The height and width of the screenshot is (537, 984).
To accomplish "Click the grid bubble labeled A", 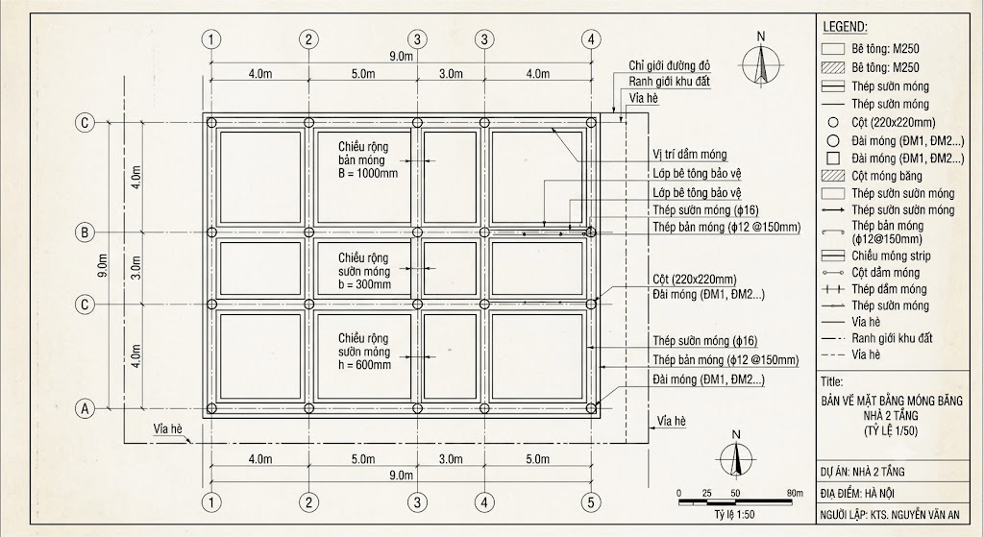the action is pos(85,409).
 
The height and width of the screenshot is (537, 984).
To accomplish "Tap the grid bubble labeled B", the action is pos(85,232).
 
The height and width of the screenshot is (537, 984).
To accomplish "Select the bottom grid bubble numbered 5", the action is pos(591,501).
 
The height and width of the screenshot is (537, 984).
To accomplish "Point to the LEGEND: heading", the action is pos(845,27).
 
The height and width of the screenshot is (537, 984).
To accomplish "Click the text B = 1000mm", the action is pos(368,173).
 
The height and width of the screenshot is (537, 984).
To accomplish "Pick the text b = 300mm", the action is pos(364,284).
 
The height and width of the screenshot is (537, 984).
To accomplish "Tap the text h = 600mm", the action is pos(364,365).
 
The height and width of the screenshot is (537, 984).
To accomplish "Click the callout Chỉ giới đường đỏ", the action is pos(670,66).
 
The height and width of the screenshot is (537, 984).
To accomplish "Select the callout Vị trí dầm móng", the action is pos(690,155).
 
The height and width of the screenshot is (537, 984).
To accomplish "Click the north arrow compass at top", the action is pos(761,61).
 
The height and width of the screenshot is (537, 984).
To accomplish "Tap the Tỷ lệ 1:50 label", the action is pos(733,515).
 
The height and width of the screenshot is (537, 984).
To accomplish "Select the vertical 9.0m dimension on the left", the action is pos(104,265).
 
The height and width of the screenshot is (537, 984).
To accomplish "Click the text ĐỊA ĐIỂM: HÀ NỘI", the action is pos(857,493).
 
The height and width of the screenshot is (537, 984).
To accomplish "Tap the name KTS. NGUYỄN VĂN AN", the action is pos(915,516).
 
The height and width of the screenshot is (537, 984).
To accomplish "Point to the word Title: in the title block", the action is pos(832,381).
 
